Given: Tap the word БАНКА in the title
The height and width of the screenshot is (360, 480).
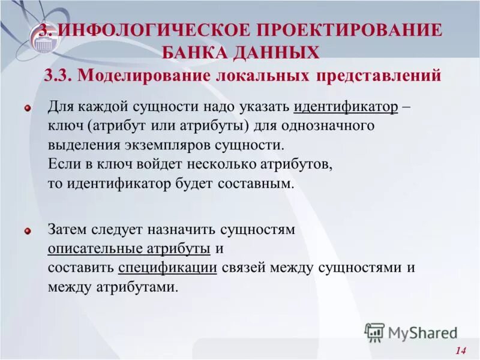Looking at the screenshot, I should tap(196, 53).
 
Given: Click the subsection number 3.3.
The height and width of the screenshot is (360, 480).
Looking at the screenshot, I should tap(58, 76).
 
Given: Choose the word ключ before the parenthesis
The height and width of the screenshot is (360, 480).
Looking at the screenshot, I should tap(67, 127).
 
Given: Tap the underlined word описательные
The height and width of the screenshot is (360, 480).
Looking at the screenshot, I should tap(95, 248).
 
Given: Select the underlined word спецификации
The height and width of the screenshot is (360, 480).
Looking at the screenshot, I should tap(168, 268).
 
